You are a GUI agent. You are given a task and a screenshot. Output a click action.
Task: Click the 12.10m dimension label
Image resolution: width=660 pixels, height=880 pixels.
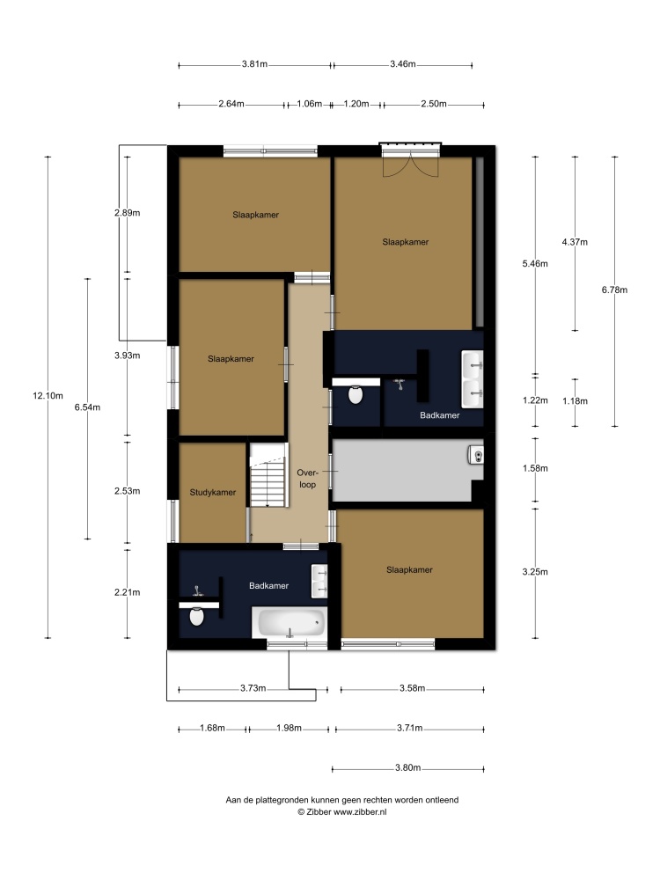[48, 396]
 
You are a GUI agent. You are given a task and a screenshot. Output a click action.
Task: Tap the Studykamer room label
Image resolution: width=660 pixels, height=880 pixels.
[213, 492]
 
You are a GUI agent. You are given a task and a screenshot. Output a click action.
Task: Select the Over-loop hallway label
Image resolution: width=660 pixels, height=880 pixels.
[307, 479]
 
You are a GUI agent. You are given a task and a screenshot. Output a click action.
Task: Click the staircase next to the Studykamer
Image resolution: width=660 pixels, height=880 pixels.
[268, 475]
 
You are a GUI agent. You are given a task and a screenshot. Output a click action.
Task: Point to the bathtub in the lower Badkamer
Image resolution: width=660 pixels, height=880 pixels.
[289, 622]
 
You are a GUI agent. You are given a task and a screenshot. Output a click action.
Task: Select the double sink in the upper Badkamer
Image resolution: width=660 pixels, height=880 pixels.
[472, 378]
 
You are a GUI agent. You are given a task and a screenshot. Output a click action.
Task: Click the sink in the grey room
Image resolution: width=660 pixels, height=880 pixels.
[476, 455]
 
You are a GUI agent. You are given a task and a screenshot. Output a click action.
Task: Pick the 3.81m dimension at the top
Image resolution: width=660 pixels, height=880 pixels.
[255, 64]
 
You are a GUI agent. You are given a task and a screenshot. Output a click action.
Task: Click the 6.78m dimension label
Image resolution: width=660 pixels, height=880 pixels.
[614, 290]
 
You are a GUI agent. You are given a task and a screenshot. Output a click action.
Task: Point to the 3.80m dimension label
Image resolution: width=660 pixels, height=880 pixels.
[408, 767]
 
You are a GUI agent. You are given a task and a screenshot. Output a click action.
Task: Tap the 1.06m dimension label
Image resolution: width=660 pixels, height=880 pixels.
[309, 104]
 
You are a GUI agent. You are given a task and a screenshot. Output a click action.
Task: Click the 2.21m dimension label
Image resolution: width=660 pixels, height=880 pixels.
[128, 592]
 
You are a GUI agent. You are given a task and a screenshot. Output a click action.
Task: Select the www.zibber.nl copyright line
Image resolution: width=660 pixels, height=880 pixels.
[341, 811]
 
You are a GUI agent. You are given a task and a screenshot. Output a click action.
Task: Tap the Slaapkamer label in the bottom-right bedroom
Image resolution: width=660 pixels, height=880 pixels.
[410, 569]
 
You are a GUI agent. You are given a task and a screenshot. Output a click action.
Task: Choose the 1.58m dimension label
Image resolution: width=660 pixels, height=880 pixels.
[535, 468]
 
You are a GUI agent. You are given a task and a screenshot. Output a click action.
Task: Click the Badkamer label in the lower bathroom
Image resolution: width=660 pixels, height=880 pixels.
[268, 585]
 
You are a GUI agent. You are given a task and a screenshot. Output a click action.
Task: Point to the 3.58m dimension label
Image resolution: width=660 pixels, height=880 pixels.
[413, 688]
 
